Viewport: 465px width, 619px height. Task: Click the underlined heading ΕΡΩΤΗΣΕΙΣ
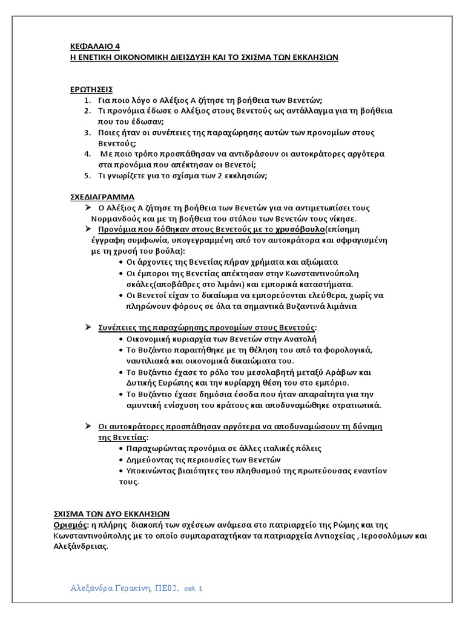coord(90,89)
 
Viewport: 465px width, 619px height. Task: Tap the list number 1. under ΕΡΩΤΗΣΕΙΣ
coord(87,100)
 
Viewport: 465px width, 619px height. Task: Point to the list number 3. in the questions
coord(87,132)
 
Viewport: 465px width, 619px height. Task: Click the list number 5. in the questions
coord(87,176)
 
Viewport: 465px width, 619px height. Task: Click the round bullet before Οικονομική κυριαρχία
coord(122,339)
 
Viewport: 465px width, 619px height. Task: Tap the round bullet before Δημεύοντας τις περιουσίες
coord(122,459)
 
